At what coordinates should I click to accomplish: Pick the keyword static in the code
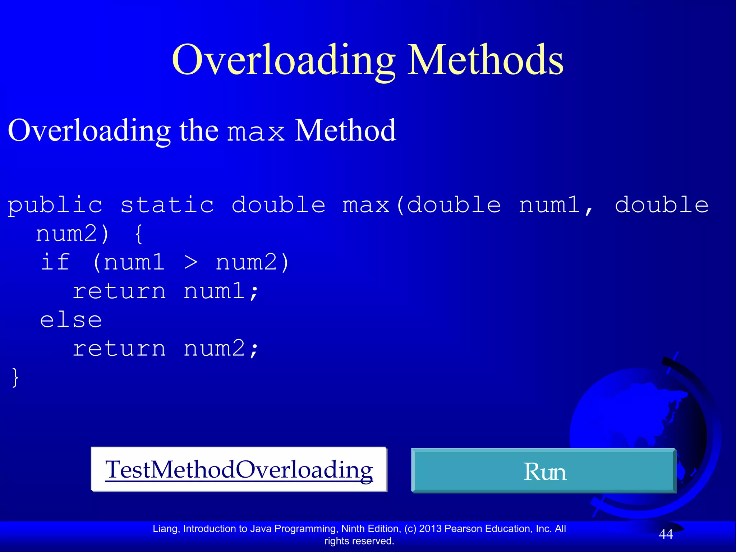click(x=167, y=205)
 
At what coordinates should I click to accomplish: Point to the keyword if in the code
click(x=55, y=262)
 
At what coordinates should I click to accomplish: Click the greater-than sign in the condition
click(x=191, y=263)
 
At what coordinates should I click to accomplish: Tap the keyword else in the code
click(x=71, y=320)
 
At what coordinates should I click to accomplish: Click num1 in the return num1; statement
click(x=214, y=291)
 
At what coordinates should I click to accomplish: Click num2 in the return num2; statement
click(x=214, y=349)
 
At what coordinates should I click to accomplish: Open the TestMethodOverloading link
click(x=239, y=469)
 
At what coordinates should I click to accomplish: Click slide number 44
click(x=666, y=534)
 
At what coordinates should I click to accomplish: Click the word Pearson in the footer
click(x=464, y=529)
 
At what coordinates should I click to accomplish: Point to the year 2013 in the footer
click(x=431, y=529)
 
